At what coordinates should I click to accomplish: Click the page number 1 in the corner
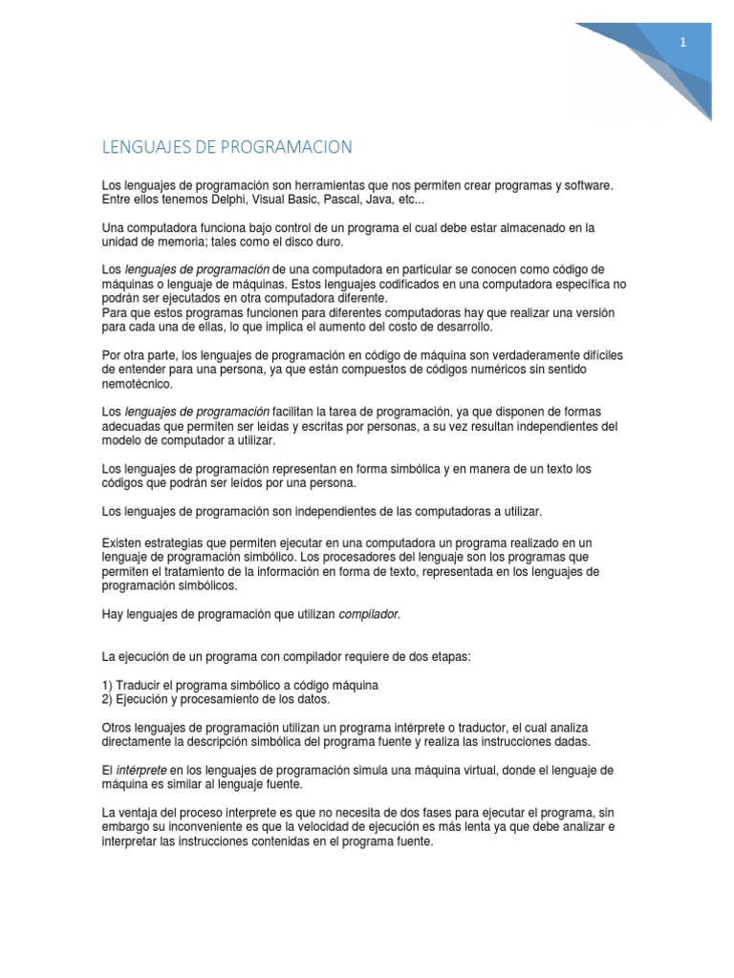coord(683,43)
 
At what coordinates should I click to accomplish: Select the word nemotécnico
coord(138,383)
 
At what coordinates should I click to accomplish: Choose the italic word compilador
coord(370,614)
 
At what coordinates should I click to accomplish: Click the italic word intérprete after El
coord(140,770)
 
